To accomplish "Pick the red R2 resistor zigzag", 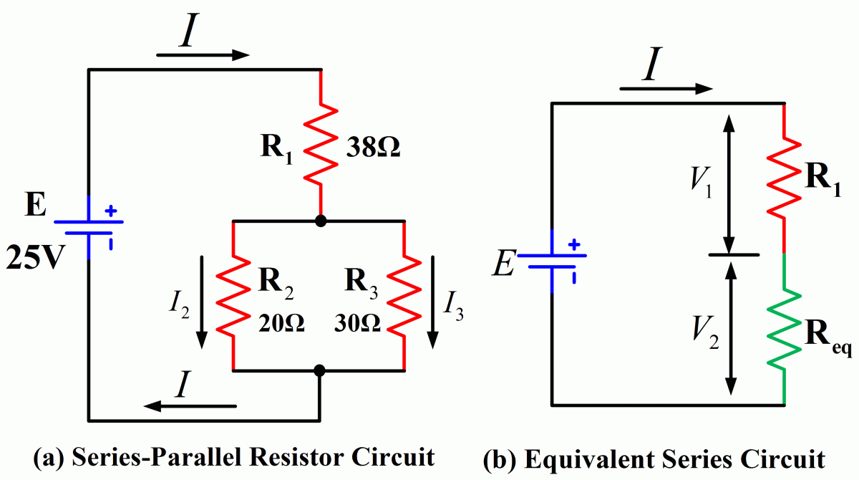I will [234, 296].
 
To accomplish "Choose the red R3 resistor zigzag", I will [405, 296].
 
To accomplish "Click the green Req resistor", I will [786, 327].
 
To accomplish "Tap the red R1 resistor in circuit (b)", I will [786, 178].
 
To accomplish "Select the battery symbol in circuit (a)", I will [88, 226].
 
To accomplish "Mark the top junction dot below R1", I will [321, 221].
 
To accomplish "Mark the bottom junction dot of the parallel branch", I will [321, 370].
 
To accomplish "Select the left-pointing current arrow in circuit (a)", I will [190, 406].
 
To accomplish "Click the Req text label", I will [828, 332].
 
